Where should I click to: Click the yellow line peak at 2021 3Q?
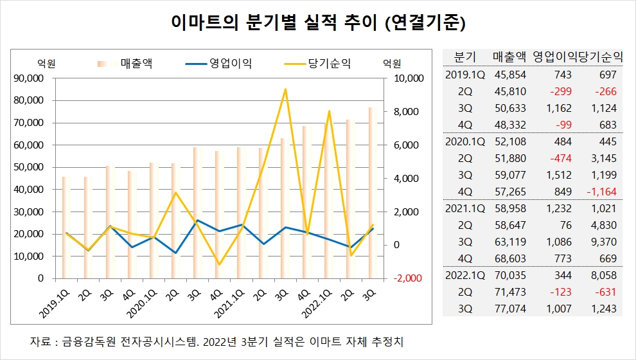tap(285, 89)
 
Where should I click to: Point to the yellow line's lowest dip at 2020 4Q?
tap(219, 264)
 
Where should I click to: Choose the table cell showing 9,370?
tap(603, 242)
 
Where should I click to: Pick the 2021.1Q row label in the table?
tap(465, 208)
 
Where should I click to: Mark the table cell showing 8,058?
tap(603, 275)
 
